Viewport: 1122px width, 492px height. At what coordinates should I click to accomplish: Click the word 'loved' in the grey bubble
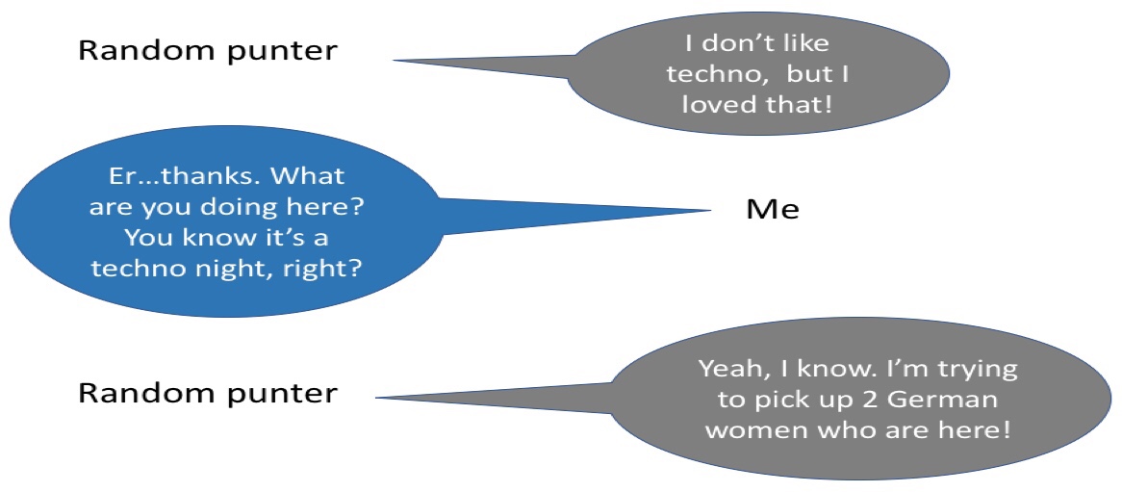click(717, 105)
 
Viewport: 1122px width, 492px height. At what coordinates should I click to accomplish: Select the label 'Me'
click(772, 210)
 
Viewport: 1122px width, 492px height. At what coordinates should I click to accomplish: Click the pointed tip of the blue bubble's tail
click(711, 211)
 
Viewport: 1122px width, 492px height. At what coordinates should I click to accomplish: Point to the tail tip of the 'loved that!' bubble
click(394, 61)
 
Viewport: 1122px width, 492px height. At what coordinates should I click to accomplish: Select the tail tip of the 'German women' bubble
click(376, 399)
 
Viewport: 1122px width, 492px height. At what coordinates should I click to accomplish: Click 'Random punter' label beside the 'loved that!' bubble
click(207, 52)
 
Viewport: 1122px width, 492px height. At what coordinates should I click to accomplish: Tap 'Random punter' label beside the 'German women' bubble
click(207, 393)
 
